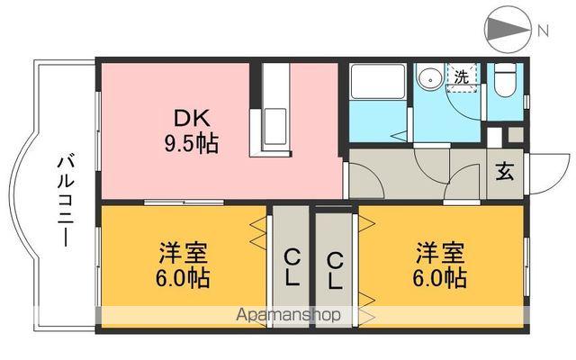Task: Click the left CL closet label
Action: (x=292, y=269)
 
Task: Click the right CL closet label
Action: (x=335, y=269)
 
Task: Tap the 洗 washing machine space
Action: (x=461, y=77)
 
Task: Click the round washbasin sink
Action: (x=430, y=77)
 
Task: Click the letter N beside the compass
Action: (x=542, y=31)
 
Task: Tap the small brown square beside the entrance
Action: (x=515, y=134)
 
